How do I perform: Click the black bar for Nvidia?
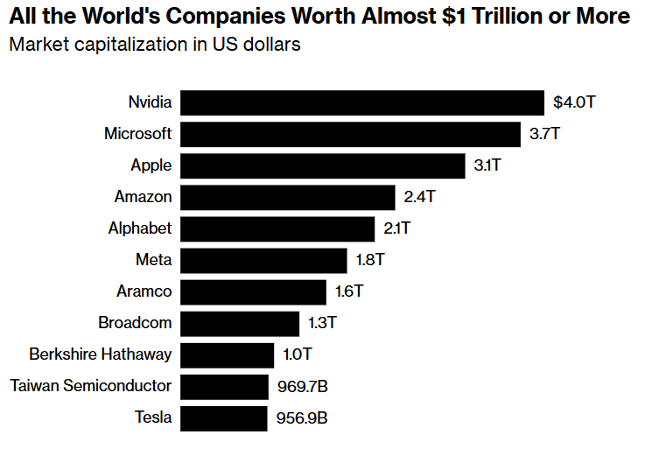pyautogui.click(x=362, y=102)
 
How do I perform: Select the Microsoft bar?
pyautogui.click(x=351, y=134)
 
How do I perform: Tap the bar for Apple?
pyautogui.click(x=323, y=165)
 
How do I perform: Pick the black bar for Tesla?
pyautogui.click(x=224, y=417)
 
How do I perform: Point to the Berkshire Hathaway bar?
pyautogui.click(x=228, y=354)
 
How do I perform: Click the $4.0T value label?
pyautogui.click(x=574, y=102)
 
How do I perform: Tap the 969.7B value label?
pyautogui.click(x=302, y=386)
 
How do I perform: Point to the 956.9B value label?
pyautogui.click(x=302, y=417)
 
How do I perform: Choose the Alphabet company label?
pyautogui.click(x=140, y=228)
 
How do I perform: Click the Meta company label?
pyautogui.click(x=154, y=260)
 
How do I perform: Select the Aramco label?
pyautogui.click(x=144, y=291)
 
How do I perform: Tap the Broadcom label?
pyautogui.click(x=135, y=323)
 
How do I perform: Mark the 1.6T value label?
pyautogui.click(x=348, y=291)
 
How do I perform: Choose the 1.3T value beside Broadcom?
pyautogui.click(x=322, y=323)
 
